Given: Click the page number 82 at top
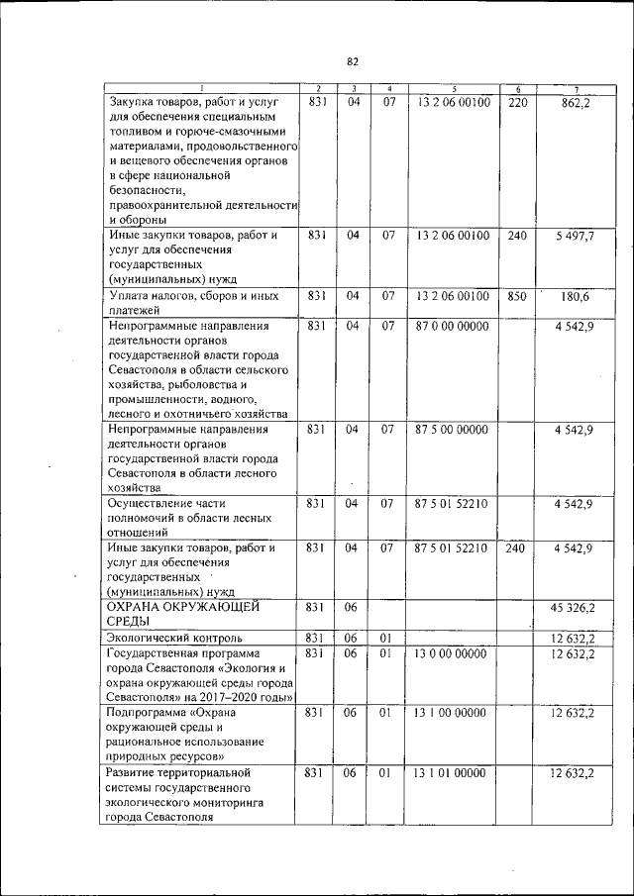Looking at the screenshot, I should pyautogui.click(x=352, y=62).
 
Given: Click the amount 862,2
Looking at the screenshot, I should pyautogui.click(x=575, y=102).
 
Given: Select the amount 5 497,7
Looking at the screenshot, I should pyautogui.click(x=574, y=237).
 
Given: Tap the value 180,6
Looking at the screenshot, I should pyautogui.click(x=575, y=296).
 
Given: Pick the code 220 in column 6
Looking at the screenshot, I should pyautogui.click(x=517, y=102).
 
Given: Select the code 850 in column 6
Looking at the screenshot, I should pyautogui.click(x=517, y=296).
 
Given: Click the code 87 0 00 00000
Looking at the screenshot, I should pyautogui.click(x=453, y=325).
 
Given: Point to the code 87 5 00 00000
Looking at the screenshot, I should pyautogui.click(x=453, y=430).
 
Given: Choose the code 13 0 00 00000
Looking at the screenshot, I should pyautogui.click(x=453, y=653).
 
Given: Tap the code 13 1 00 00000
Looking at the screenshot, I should pyautogui.click(x=453, y=713).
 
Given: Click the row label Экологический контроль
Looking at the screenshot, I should pyautogui.click(x=174, y=638).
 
